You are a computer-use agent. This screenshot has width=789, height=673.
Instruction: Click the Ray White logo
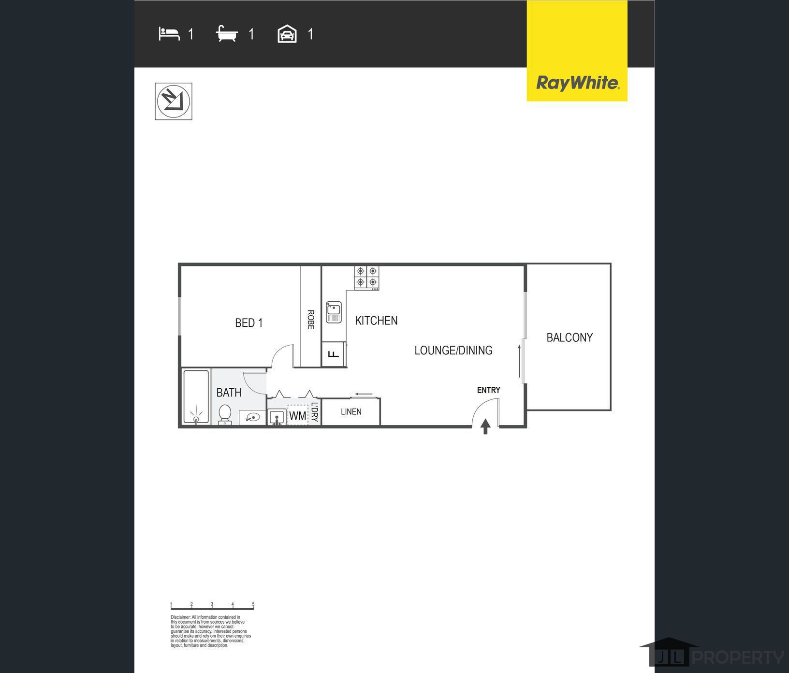click(577, 83)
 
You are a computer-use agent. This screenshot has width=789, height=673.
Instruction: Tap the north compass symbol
click(173, 101)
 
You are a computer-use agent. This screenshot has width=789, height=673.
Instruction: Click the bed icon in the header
click(169, 34)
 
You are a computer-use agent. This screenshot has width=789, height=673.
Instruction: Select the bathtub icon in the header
click(227, 34)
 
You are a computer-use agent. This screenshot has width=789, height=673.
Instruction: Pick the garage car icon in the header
click(287, 34)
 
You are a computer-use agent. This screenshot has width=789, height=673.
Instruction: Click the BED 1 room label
click(248, 323)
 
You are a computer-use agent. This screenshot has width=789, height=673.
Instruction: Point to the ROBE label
click(310, 320)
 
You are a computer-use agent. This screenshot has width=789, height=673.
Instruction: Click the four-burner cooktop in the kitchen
click(366, 277)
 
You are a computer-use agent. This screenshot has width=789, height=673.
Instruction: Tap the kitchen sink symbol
click(334, 312)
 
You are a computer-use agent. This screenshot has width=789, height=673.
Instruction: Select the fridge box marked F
click(334, 354)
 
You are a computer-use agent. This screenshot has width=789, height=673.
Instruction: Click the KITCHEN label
click(376, 321)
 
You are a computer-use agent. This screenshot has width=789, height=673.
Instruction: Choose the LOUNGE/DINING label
click(453, 351)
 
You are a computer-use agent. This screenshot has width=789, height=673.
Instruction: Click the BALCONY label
click(570, 337)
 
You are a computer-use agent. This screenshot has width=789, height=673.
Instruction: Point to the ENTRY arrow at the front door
click(485, 426)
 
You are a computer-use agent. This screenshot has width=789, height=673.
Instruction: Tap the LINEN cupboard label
click(351, 412)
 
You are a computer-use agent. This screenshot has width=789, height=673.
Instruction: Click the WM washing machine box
click(298, 415)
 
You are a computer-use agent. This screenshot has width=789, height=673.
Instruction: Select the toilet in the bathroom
click(225, 415)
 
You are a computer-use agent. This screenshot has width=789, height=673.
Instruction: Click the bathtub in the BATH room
click(196, 396)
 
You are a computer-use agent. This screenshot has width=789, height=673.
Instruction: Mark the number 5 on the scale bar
click(253, 604)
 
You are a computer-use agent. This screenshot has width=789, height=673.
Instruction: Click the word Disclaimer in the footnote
click(180, 617)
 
